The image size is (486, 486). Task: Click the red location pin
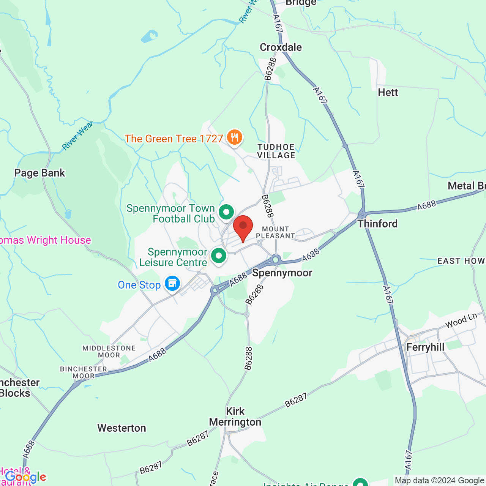[243, 227]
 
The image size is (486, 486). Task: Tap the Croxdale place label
[281, 47]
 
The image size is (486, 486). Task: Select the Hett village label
[388, 92]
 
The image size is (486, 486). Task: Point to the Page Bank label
[39, 173]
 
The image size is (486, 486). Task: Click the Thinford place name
[377, 224]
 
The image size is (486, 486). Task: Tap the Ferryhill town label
[425, 347]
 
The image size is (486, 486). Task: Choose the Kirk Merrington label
[235, 417]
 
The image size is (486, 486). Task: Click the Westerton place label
[121, 428]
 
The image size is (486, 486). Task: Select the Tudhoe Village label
[276, 151]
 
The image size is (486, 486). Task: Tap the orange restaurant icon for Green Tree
[235, 137]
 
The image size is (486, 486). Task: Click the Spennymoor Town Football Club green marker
[226, 212]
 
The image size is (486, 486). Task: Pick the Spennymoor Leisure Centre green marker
[219, 256]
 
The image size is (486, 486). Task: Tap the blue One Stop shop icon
[172, 283]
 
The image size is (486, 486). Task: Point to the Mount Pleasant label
[275, 232]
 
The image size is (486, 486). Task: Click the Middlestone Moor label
[109, 352]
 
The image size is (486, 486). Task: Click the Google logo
[25, 477]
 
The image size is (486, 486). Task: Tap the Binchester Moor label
[84, 372]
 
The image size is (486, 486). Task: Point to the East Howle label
[461, 261]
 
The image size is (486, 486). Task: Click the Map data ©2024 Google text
[439, 481]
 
